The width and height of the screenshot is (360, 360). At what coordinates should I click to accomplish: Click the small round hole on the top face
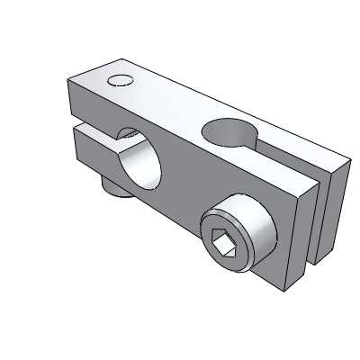(119, 81)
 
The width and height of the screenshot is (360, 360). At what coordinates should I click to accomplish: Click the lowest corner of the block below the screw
(286, 291)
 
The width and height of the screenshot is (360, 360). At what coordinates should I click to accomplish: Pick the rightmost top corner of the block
(346, 167)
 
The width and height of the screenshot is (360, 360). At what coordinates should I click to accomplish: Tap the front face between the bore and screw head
(184, 193)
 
